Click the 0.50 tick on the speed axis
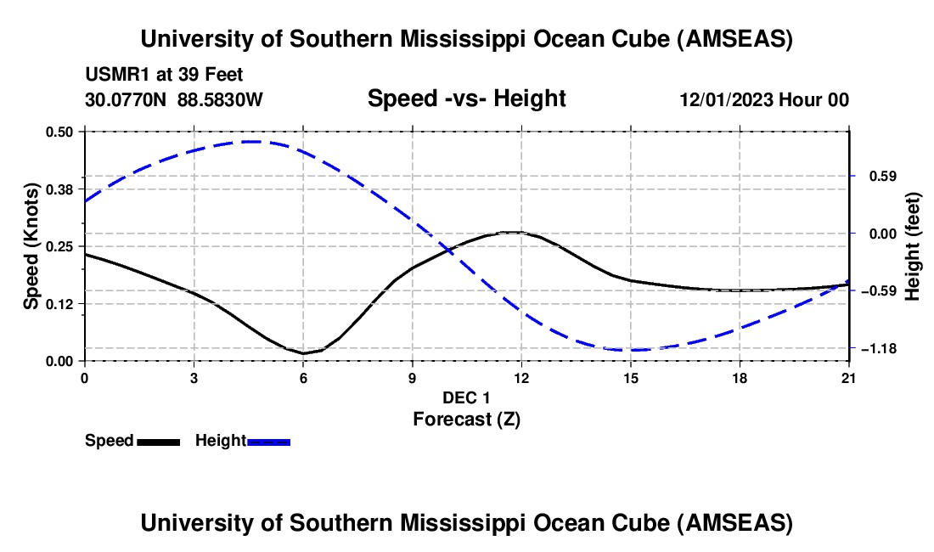click(x=60, y=132)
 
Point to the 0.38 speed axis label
click(x=60, y=189)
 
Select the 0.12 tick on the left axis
click(x=60, y=303)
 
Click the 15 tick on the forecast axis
click(x=630, y=378)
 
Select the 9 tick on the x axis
click(x=412, y=378)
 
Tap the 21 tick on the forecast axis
click(x=849, y=378)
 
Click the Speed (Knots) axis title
click(x=31, y=246)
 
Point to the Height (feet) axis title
click(x=913, y=246)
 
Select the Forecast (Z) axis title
click(x=466, y=419)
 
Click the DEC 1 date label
click(x=466, y=398)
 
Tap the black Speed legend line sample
click(x=158, y=442)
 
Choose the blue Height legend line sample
click(x=269, y=442)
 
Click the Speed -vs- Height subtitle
click(x=466, y=99)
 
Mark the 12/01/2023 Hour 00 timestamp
click(x=763, y=100)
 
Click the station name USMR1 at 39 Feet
click(x=164, y=76)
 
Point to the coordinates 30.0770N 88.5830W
click(x=174, y=100)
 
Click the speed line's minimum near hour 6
click(x=303, y=353)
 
